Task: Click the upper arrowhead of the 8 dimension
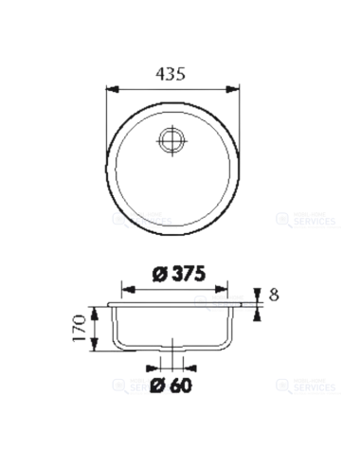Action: click(256, 297)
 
